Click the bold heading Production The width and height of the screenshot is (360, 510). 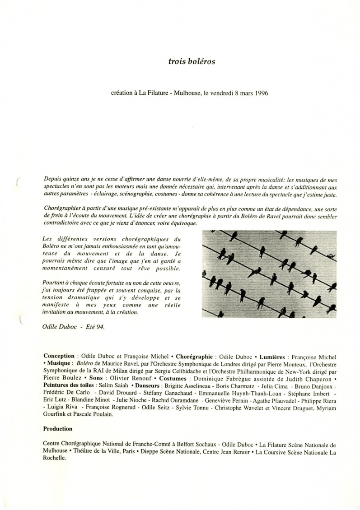click(x=57, y=429)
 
